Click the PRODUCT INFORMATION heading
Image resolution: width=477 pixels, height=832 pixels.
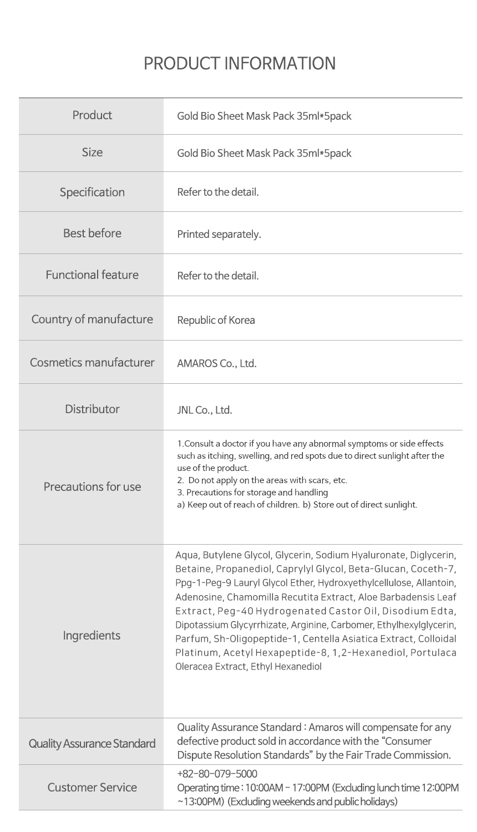coord(239,63)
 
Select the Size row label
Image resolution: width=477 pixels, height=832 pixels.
coord(92,152)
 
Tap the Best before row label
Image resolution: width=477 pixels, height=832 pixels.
coord(92,233)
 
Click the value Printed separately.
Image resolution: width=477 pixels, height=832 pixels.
coord(219,234)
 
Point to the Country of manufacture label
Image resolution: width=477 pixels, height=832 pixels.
coord(92,319)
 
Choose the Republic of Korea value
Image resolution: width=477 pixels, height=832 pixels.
coord(216,320)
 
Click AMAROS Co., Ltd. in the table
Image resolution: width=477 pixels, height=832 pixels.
coord(216,363)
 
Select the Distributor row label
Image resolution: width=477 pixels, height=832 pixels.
coord(92,409)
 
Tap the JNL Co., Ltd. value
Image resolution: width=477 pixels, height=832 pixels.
coord(204,410)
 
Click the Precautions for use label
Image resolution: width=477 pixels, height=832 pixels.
coord(92,486)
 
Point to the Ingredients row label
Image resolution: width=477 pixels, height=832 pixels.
coord(92,635)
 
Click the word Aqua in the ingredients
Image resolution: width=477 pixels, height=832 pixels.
coord(186,555)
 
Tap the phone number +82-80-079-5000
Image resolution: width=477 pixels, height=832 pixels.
coord(217,774)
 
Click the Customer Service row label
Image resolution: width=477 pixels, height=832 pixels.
coord(92,787)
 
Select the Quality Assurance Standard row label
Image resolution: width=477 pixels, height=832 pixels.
coord(92,743)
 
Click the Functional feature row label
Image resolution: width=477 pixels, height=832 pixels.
coord(92,275)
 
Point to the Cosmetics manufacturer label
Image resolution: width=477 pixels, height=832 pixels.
coord(92,362)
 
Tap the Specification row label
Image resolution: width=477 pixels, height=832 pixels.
coord(92,192)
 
